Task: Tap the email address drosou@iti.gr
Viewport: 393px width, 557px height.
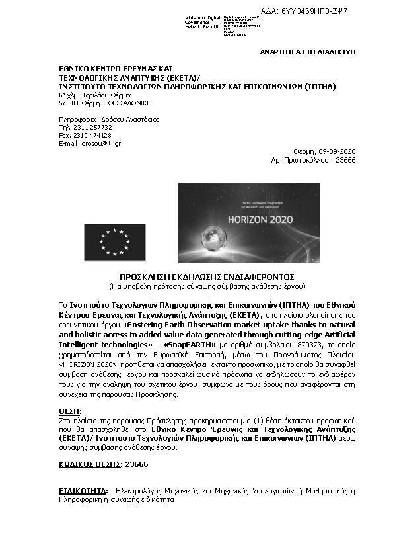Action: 100,143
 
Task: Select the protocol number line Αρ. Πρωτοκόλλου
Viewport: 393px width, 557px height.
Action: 313,160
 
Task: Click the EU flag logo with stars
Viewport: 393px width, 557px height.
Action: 114,241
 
